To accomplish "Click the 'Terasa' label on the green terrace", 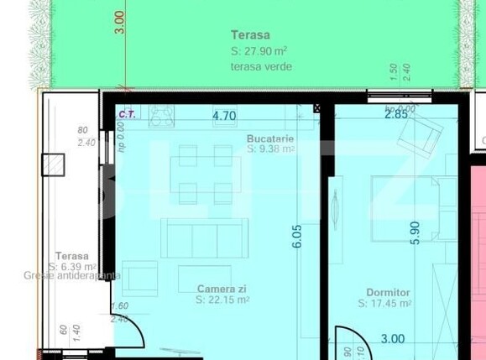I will pyautogui.click(x=251, y=35).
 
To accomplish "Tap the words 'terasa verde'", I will pyautogui.click(x=261, y=66).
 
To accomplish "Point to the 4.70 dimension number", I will pyautogui.click(x=223, y=116).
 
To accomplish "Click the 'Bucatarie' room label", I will pyautogui.click(x=270, y=138).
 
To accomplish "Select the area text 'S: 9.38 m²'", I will pyautogui.click(x=270, y=149).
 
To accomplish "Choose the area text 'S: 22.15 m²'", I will pyautogui.click(x=223, y=299).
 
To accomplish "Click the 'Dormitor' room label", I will pyautogui.click(x=389, y=293).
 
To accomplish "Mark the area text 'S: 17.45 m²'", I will pyautogui.click(x=389, y=304).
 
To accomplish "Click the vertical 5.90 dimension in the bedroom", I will pyautogui.click(x=413, y=232).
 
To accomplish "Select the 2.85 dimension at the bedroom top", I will pyautogui.click(x=396, y=115).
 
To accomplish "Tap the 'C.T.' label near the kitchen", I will pyautogui.click(x=128, y=113).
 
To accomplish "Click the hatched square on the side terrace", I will pyautogui.click(x=55, y=164).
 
